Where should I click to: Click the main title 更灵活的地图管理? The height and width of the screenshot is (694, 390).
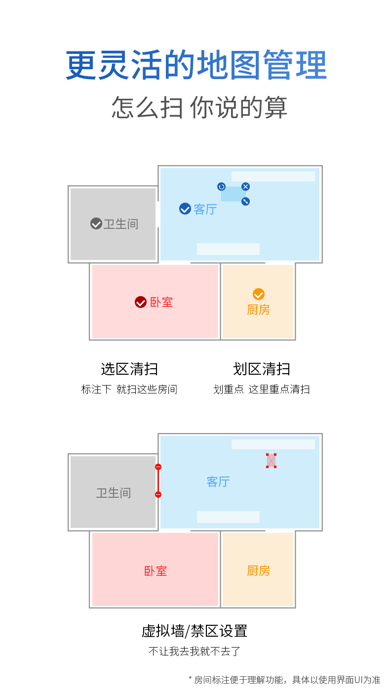point(196,65)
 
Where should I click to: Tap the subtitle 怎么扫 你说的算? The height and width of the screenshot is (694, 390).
point(199,107)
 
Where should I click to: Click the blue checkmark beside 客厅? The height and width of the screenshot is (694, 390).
point(185,209)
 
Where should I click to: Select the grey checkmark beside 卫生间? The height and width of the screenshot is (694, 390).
point(96,223)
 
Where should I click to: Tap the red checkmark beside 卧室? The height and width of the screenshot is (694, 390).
point(141,302)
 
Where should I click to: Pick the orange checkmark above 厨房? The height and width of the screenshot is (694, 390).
point(259,294)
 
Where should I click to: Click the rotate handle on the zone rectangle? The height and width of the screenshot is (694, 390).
point(221,186)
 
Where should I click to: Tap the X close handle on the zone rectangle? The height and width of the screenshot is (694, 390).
point(245,186)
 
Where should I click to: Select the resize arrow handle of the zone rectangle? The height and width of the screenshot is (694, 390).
point(245,201)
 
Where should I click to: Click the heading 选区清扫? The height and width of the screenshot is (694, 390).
point(129,369)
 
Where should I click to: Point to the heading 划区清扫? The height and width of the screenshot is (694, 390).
point(262,369)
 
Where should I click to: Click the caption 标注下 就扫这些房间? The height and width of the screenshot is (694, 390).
point(129,390)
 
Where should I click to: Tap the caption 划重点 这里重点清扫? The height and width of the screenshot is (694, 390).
point(262,390)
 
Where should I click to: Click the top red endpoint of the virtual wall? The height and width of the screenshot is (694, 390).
point(158,467)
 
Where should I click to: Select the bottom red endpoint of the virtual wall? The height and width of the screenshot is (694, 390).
point(158,494)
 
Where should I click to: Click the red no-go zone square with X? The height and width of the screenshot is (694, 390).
point(271,460)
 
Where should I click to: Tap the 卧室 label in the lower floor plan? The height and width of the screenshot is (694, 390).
point(156,571)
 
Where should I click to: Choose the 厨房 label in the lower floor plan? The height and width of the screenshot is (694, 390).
point(258,570)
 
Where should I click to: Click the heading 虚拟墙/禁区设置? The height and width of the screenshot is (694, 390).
point(195,631)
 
